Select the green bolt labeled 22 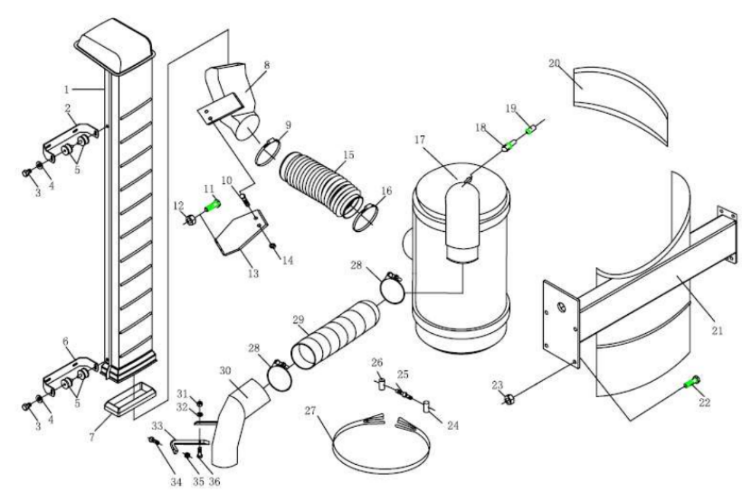coord(691,382)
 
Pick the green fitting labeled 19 coord(529,131)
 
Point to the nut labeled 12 coord(191,220)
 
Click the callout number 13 coord(250,273)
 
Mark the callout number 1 coord(67,89)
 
